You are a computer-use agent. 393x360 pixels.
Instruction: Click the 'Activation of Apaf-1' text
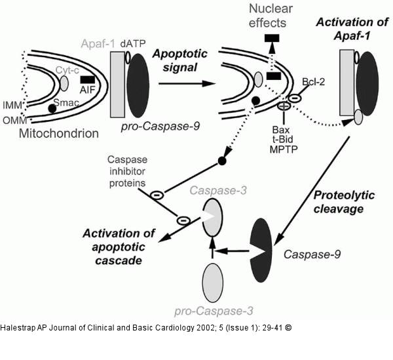point(352,30)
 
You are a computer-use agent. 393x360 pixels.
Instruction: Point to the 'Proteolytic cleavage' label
point(339,201)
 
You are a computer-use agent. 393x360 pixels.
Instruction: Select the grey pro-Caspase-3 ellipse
point(212,283)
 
